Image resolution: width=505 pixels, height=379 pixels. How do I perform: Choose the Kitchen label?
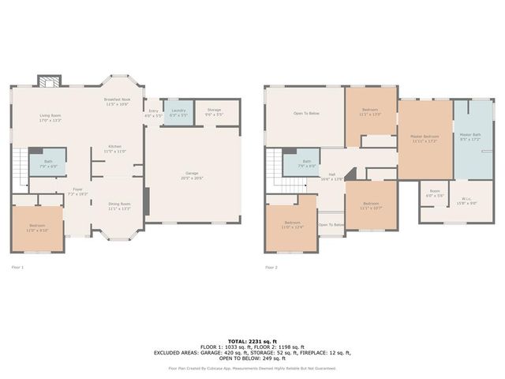click(x=115, y=148)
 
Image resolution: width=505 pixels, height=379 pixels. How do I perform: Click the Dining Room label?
click(x=119, y=206)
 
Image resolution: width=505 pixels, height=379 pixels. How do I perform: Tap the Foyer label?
click(x=78, y=191)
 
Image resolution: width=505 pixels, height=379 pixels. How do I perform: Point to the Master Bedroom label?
click(x=425, y=138)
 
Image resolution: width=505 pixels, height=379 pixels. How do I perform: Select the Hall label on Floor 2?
click(x=333, y=176)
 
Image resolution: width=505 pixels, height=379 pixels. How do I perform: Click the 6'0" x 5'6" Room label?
click(x=435, y=193)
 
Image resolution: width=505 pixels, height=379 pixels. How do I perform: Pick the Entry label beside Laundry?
click(x=153, y=113)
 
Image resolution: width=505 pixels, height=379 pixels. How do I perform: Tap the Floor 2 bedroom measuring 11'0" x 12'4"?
click(x=292, y=225)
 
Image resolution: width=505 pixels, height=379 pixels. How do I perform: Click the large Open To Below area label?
click(x=306, y=114)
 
